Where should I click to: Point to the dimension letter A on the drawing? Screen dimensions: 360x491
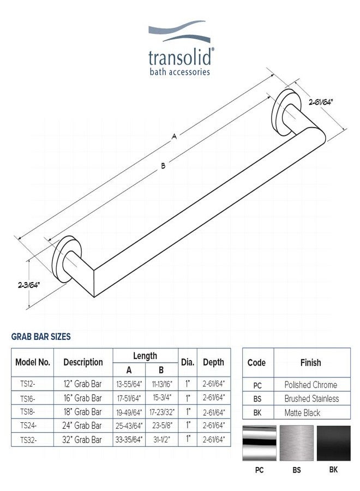point(175,136)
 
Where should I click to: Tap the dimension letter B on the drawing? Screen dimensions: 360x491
point(163,166)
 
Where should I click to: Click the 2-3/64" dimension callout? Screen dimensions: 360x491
point(29,285)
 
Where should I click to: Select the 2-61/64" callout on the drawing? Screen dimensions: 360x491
point(320,102)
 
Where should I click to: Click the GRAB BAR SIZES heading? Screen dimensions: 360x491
point(41,337)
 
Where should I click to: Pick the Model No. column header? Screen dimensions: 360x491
point(33,362)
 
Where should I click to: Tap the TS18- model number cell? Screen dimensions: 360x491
point(28,411)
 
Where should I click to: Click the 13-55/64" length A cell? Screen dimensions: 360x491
point(129,384)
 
